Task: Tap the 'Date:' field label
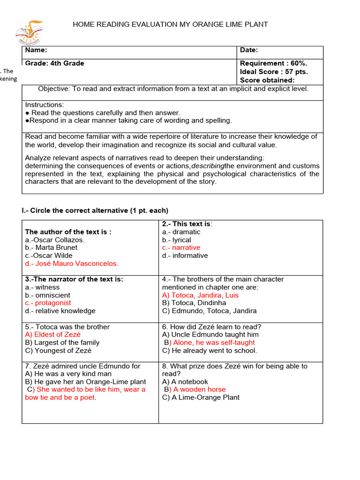pos(249,50)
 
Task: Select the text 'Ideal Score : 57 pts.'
pos(274,72)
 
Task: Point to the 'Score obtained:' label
pos(267,80)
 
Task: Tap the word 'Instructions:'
pos(45,105)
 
